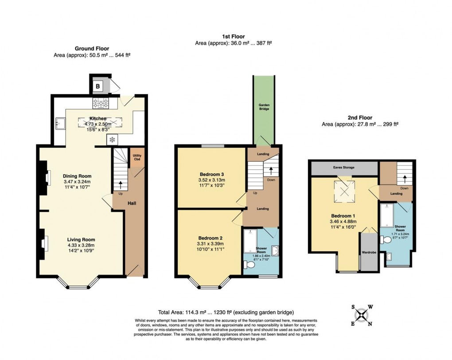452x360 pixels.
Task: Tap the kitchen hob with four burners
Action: tap(101, 104)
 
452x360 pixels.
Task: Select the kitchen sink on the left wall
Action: tap(61, 123)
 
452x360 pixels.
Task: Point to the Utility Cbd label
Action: tap(136, 157)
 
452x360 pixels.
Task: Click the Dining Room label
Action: tap(77, 176)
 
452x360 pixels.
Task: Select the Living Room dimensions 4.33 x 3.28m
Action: tap(81, 245)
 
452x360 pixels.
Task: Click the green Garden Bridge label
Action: tap(264, 107)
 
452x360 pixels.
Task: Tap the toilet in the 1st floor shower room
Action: tap(249, 265)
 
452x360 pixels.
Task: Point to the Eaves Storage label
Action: tap(344, 168)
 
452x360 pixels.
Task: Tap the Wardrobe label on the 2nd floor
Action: tap(368, 254)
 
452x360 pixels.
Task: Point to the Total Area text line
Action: tap(226, 312)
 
